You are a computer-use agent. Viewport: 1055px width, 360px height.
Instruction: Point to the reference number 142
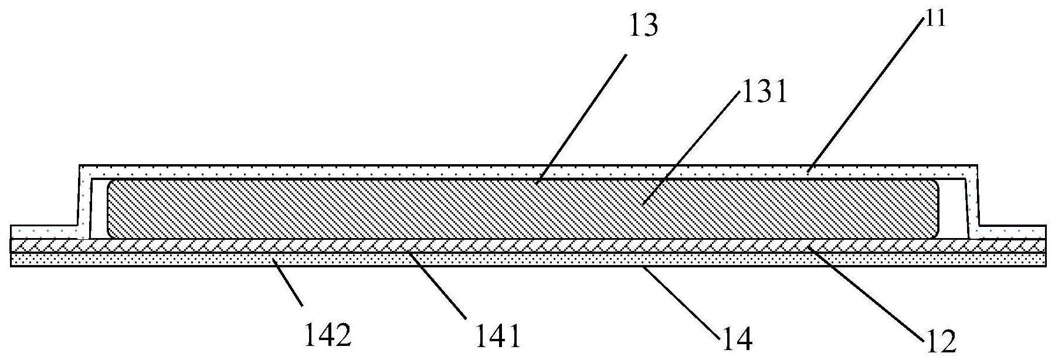click(x=328, y=336)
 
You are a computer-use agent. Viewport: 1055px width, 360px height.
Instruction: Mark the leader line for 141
click(x=437, y=284)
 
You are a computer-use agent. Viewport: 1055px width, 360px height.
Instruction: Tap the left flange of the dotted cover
click(x=44, y=232)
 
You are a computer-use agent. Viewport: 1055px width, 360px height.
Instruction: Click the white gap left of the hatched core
click(x=98, y=211)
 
